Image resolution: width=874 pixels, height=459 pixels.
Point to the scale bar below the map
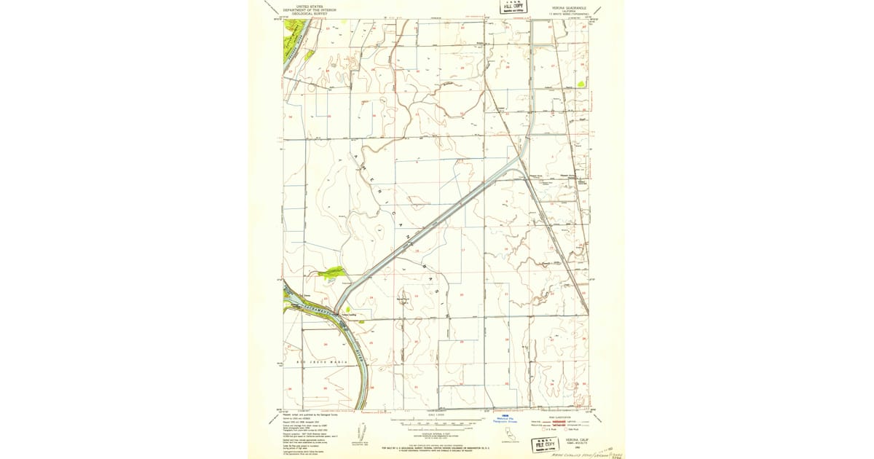(x=436, y=422)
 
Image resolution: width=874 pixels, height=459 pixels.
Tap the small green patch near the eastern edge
(x=580, y=84)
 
